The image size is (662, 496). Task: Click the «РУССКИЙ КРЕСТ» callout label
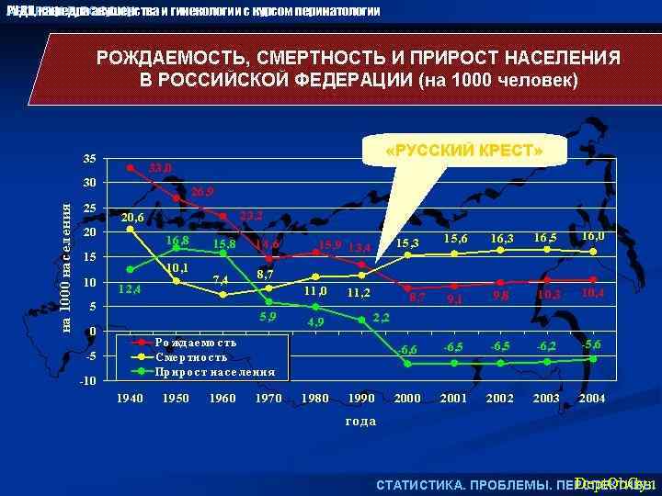465,150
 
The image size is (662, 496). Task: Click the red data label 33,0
161,169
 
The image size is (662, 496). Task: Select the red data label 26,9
204,192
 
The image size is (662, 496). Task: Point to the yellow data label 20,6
132,218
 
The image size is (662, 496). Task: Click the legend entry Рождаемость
195,343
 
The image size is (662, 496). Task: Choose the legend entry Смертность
191,357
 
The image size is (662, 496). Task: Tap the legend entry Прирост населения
215,372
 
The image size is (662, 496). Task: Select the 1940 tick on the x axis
131,400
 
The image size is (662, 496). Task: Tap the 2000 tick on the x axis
407,400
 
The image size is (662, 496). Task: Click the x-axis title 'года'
360,421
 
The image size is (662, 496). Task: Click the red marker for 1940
131,168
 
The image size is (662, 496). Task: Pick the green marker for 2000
407,363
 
